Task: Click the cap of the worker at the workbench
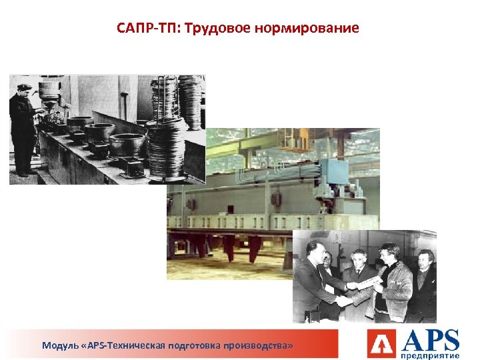(x=24, y=87)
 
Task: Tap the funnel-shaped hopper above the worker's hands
(x=50, y=93)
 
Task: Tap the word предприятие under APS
(x=431, y=354)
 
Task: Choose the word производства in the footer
(x=260, y=346)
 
